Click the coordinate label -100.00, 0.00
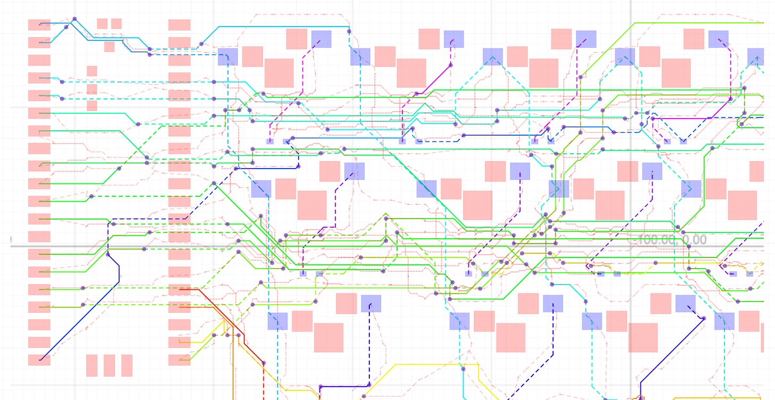coord(672,240)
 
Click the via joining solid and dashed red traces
coord(263,363)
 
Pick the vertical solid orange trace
coord(234,372)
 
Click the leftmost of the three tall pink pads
coord(92,365)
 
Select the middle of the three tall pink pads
coord(109,365)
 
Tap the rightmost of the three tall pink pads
coord(127,365)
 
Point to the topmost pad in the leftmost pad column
coord(39,25)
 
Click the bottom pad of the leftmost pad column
coord(39,360)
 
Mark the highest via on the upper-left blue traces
coord(75,19)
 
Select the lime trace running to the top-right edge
coord(692,23)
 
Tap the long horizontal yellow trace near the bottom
coord(436,364)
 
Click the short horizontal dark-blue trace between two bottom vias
coord(344,386)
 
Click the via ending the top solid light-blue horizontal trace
coord(349,31)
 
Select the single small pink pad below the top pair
coord(109,47)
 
